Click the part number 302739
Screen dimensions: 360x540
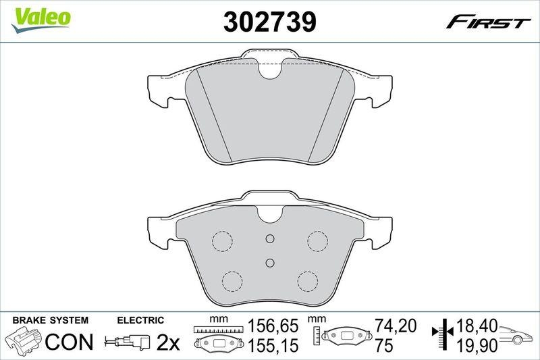[x=269, y=23]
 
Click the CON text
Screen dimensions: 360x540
[x=69, y=342]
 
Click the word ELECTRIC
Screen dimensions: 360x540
[x=140, y=320]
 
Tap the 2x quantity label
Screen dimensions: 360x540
[x=167, y=342]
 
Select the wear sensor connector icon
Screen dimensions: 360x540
[x=128, y=343]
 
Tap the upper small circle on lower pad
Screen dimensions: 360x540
[x=269, y=238]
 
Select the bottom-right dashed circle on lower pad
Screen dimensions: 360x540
[x=308, y=279]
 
